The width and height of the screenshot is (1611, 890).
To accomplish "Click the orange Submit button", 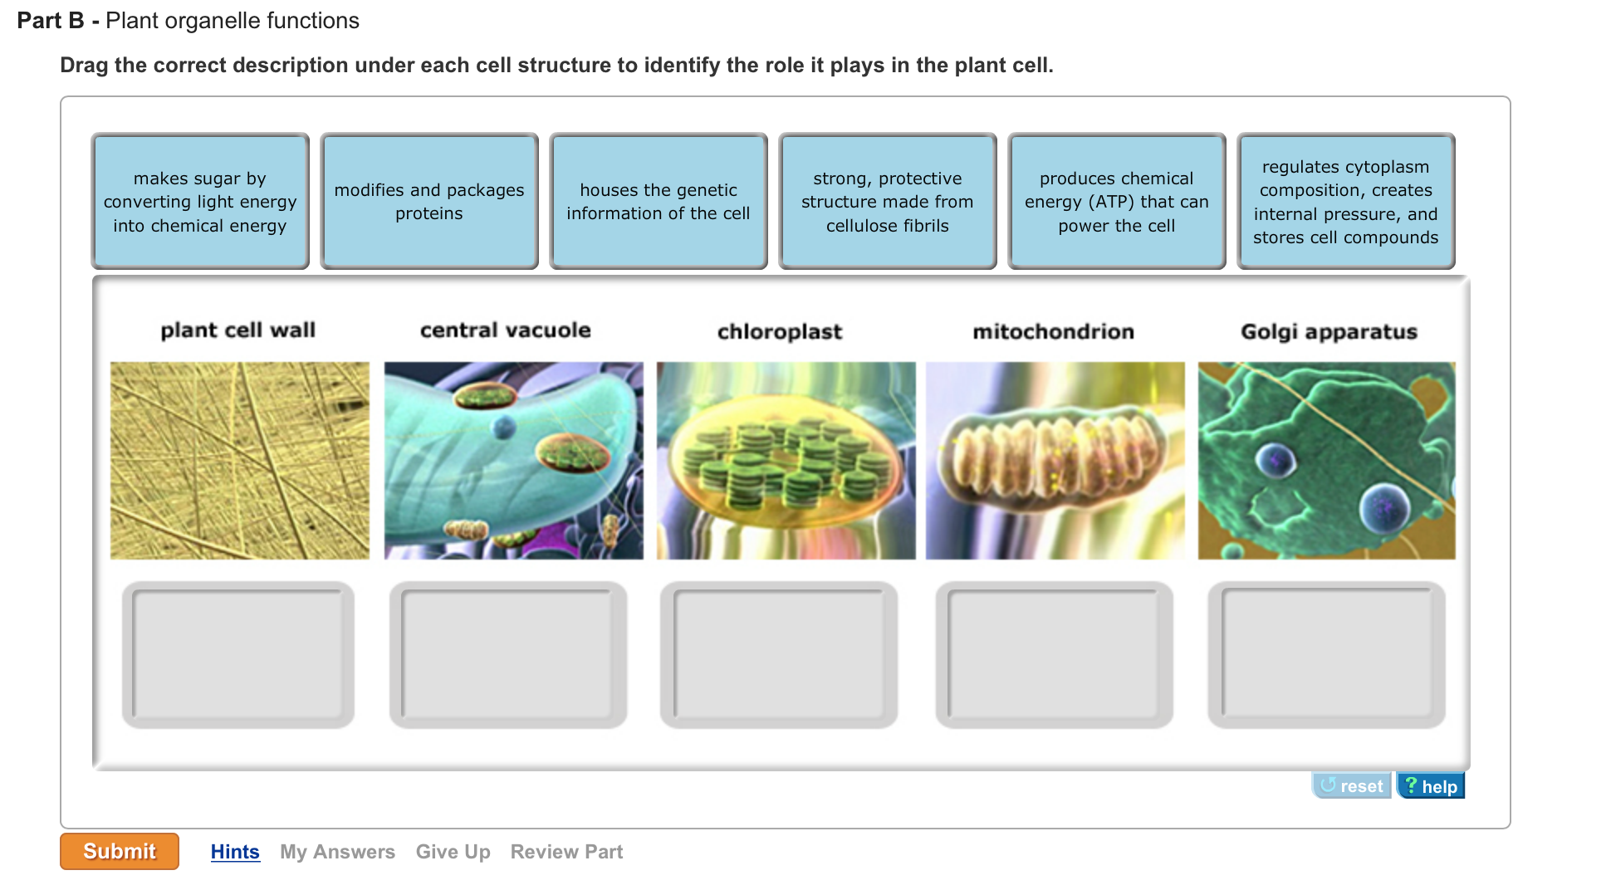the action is click(120, 851).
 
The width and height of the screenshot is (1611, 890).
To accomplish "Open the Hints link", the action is click(235, 852).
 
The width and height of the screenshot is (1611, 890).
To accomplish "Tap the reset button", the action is click(1351, 785).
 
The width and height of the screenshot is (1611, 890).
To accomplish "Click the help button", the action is click(1431, 785).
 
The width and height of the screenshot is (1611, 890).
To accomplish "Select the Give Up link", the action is click(453, 852).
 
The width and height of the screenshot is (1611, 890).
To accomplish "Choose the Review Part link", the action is click(566, 852).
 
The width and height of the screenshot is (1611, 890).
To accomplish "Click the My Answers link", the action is click(337, 852).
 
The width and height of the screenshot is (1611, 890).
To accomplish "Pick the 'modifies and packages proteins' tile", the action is click(429, 201).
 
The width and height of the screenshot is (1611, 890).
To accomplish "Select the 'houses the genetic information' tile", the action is click(659, 201).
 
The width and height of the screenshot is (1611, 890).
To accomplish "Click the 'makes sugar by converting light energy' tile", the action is click(200, 201).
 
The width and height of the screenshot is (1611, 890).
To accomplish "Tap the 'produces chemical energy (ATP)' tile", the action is click(1117, 201).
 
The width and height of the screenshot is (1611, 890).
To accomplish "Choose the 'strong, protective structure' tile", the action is click(888, 201).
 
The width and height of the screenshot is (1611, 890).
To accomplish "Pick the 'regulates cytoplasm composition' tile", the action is click(1346, 201).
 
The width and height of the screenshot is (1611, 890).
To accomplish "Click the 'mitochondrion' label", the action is click(1053, 332).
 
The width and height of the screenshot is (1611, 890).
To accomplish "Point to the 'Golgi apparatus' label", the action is click(1329, 332).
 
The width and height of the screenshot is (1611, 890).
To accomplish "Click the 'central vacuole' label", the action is click(506, 330).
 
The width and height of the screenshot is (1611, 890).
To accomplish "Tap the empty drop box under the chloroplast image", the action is click(779, 654).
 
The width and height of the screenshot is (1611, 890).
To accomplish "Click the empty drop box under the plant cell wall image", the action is click(238, 654).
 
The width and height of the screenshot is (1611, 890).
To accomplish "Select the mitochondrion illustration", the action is click(1055, 460).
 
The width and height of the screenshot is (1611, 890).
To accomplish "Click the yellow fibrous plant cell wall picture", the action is click(240, 460).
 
